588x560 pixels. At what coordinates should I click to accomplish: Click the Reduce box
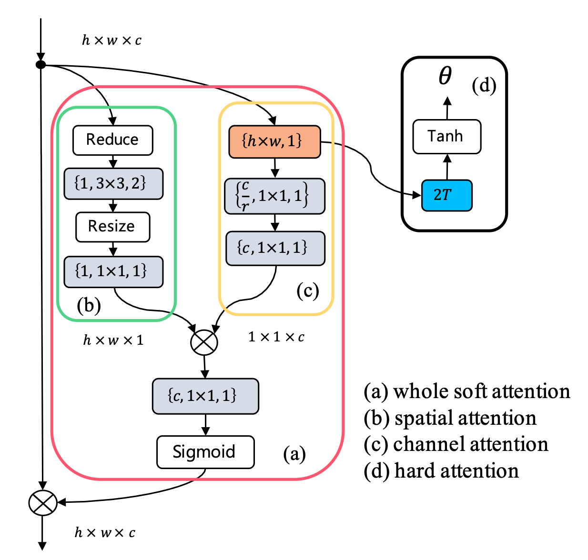(x=112, y=140)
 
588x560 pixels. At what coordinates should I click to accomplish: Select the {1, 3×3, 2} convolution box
(x=113, y=183)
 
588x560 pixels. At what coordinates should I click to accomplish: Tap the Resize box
(x=112, y=227)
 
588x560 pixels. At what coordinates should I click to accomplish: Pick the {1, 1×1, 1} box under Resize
(x=113, y=271)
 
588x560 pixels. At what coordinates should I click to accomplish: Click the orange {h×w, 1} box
(x=274, y=141)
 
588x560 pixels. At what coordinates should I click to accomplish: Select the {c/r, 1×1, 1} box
(x=274, y=196)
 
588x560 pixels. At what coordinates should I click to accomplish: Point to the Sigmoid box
(x=205, y=451)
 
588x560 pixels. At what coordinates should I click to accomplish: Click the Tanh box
(x=446, y=137)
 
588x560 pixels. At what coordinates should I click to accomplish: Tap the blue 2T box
(x=446, y=195)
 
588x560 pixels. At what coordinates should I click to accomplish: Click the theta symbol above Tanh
(x=445, y=76)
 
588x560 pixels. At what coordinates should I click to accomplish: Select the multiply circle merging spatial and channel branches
(x=204, y=342)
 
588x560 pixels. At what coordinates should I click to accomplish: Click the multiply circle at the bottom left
(x=42, y=503)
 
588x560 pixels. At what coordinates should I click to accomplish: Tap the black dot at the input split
(x=41, y=64)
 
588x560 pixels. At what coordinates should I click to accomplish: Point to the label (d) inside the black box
(x=484, y=86)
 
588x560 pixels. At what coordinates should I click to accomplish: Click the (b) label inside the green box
(x=89, y=305)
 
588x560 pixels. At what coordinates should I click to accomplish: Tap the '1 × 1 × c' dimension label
(x=276, y=337)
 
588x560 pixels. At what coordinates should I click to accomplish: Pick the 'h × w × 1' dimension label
(x=113, y=340)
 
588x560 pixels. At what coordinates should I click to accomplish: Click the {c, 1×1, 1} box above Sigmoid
(x=205, y=396)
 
